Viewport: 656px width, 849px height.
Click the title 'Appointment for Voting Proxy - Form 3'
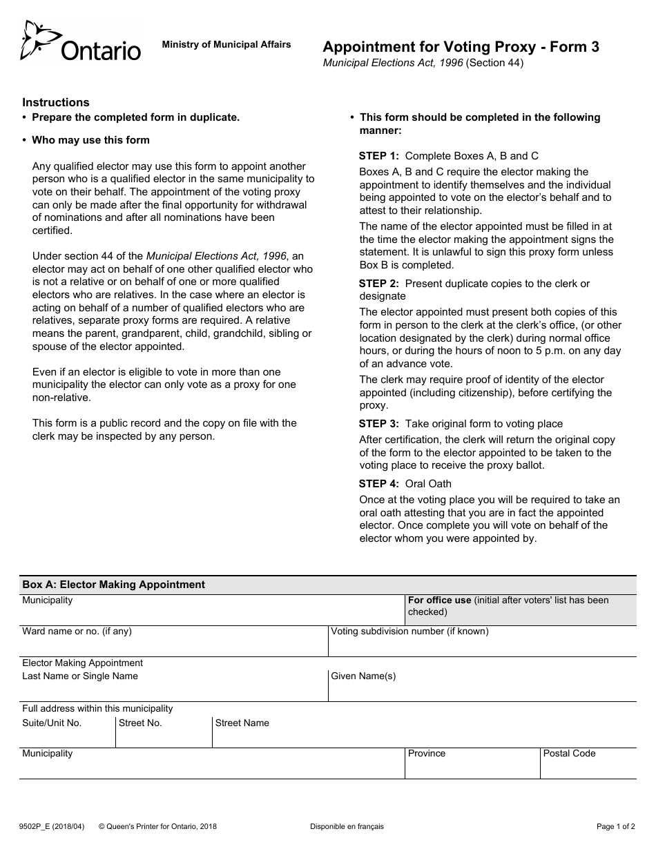(x=461, y=47)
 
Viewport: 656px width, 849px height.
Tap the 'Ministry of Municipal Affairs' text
(x=226, y=44)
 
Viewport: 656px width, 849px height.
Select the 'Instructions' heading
(x=56, y=102)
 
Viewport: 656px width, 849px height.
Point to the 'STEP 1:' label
(x=378, y=156)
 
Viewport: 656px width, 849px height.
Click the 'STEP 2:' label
(x=378, y=284)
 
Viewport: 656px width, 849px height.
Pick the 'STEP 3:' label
(x=378, y=424)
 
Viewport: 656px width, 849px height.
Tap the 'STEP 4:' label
(x=378, y=484)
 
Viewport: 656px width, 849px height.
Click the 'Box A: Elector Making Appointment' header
(x=114, y=585)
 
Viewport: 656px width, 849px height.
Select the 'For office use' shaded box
(x=521, y=610)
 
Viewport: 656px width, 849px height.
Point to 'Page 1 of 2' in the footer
(x=615, y=826)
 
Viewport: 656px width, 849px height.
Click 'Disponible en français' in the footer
(x=347, y=826)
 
